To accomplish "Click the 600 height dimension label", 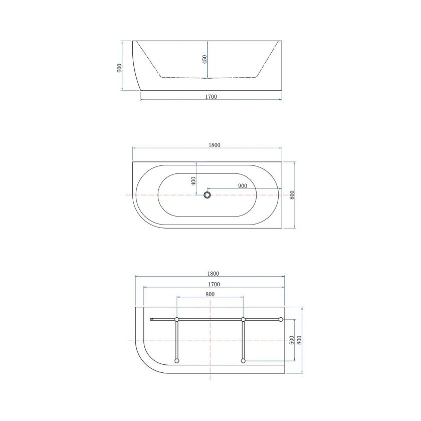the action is (120, 68).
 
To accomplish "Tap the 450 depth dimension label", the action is (204, 59).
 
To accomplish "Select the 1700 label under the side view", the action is (211, 97).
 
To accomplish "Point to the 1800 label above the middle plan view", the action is (215, 145).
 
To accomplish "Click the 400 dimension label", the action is (193, 181).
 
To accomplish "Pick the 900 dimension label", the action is (243, 186).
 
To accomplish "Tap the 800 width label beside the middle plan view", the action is (292, 194).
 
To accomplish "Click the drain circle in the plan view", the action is (207, 195).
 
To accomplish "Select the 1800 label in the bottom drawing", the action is (213, 274).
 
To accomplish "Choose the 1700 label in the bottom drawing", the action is (214, 284).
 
